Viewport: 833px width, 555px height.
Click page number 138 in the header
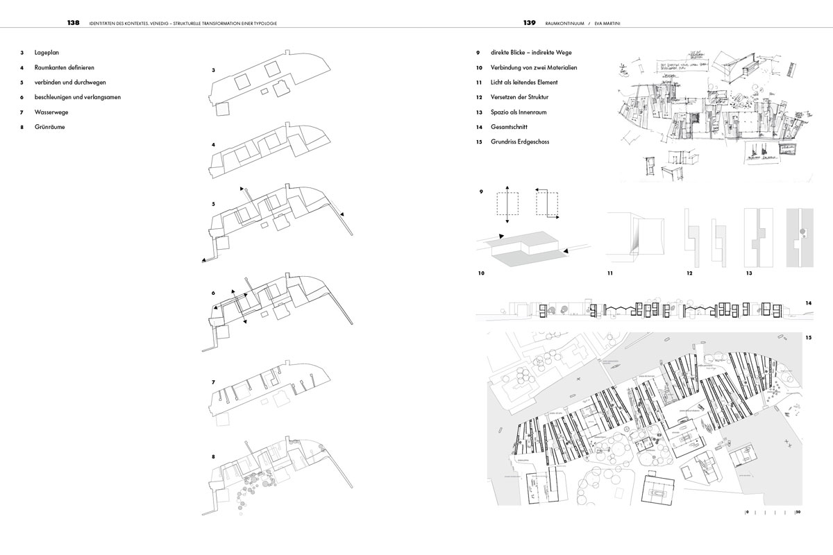73,23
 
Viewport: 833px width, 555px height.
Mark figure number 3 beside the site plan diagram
214,70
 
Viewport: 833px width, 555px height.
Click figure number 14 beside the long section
809,303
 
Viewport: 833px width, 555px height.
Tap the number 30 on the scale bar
798,513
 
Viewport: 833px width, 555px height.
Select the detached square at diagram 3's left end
224,110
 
